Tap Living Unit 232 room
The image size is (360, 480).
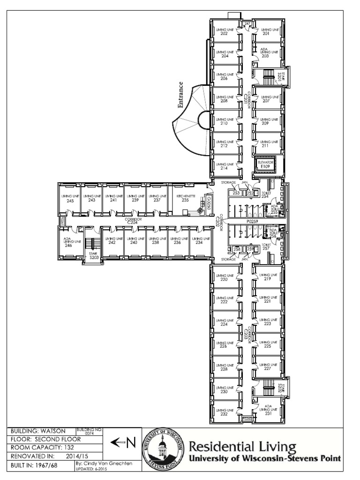pos(224,411)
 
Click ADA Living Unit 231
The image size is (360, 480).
pos(268,409)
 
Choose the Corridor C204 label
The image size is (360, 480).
pos(134,219)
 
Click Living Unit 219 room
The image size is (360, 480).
pos(268,277)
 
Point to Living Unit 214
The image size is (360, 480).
pos(224,165)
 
